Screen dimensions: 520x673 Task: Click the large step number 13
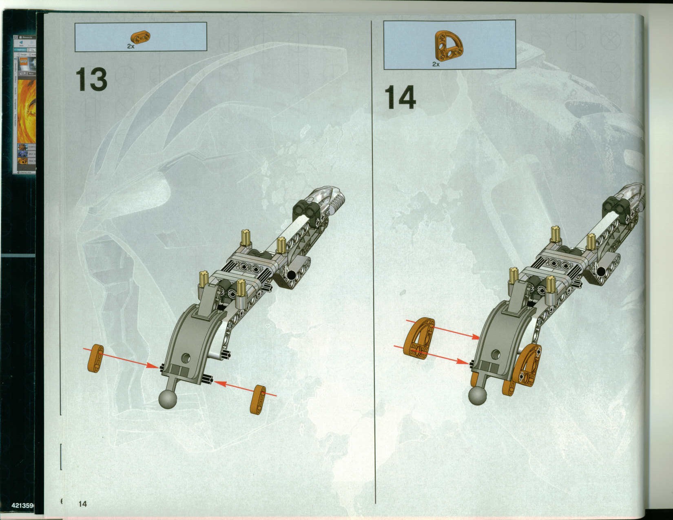tap(91, 80)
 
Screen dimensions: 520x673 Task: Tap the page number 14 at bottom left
tap(82, 504)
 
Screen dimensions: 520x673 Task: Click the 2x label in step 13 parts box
tap(131, 46)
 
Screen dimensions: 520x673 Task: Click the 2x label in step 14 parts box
tap(436, 64)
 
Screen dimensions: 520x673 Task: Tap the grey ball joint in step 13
tap(168, 399)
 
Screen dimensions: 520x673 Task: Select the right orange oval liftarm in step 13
tap(258, 400)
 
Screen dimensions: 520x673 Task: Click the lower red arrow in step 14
tap(432, 354)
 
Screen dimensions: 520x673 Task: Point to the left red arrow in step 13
tap(122, 358)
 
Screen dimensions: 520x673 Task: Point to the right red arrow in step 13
tap(245, 389)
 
